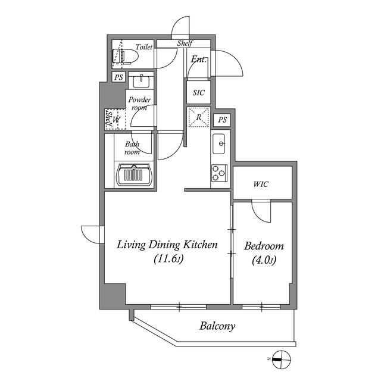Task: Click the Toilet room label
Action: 144,46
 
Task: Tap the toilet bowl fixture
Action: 125,57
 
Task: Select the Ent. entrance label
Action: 199,59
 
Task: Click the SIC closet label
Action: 198,93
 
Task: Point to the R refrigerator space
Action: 199,117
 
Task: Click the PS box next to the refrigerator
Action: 222,120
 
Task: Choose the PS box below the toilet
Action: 118,77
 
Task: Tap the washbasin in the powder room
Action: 141,81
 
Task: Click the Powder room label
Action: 139,103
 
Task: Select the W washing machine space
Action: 117,119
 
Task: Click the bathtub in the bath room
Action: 134,174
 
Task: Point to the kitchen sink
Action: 218,143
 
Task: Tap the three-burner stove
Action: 219,173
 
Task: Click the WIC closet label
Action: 261,184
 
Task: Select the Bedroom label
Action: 264,246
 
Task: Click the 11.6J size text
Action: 168,260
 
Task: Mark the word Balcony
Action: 217,326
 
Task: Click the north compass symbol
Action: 281,360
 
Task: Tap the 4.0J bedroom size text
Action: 264,261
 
